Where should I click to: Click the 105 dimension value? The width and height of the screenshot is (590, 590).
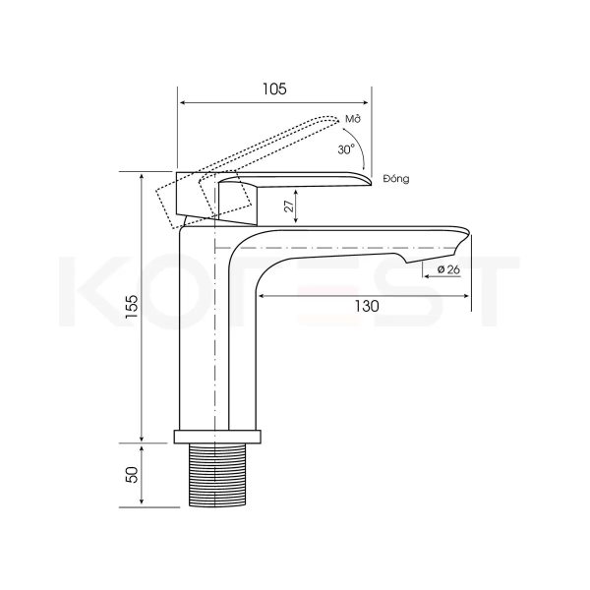(274, 89)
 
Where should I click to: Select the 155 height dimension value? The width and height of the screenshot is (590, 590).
(132, 307)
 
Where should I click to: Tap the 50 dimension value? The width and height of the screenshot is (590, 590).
(133, 474)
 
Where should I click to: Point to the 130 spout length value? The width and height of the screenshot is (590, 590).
(367, 306)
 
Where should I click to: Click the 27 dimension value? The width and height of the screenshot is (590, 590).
(289, 206)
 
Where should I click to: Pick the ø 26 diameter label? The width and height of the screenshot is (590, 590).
(449, 269)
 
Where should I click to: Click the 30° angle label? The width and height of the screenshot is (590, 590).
(346, 149)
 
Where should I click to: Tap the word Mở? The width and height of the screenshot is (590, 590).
(353, 119)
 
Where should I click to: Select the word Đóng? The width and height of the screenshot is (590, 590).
(396, 179)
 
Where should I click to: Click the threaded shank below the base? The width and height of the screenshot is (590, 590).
(217, 475)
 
